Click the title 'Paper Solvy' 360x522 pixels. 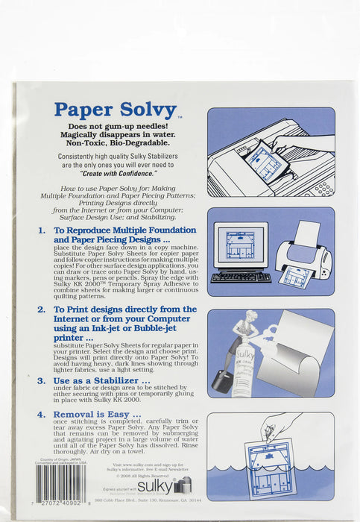116,110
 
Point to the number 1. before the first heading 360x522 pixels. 42,231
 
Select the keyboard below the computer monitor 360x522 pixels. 239,278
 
